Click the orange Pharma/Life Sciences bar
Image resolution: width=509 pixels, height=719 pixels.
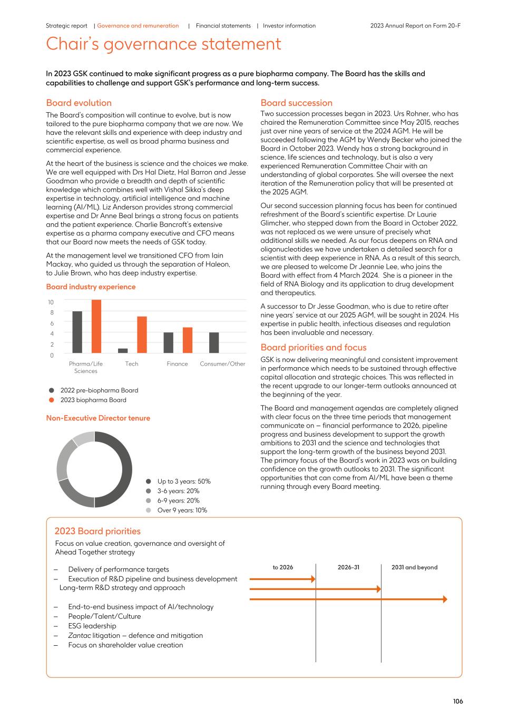click(x=96, y=327)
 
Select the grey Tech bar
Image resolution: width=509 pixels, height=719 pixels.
click(x=123, y=350)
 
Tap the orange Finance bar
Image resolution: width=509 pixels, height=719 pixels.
click(x=188, y=340)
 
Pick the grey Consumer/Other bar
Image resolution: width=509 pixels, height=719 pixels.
click(x=214, y=342)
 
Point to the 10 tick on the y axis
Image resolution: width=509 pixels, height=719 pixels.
click(x=51, y=302)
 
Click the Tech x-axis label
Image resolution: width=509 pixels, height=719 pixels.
click(x=132, y=364)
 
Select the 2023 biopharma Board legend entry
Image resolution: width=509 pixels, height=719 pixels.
click(x=93, y=400)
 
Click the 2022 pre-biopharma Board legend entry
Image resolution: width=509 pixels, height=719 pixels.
click(x=99, y=390)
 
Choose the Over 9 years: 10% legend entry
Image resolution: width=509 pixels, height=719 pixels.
click(x=182, y=510)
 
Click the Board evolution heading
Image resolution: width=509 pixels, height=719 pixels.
click(x=79, y=103)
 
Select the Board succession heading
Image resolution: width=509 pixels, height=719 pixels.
click(x=297, y=103)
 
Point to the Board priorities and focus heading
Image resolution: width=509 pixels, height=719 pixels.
click(x=314, y=347)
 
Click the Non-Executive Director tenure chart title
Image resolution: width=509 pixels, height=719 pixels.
click(x=98, y=418)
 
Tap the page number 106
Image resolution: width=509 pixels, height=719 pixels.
click(x=458, y=701)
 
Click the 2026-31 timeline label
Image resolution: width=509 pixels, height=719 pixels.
click(x=348, y=567)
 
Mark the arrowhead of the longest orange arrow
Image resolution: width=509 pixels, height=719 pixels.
click(x=445, y=599)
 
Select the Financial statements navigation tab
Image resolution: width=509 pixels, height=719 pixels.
click(x=223, y=26)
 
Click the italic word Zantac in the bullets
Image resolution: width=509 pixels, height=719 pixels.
click(x=79, y=635)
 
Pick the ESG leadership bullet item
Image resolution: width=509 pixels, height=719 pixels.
click(x=92, y=626)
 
